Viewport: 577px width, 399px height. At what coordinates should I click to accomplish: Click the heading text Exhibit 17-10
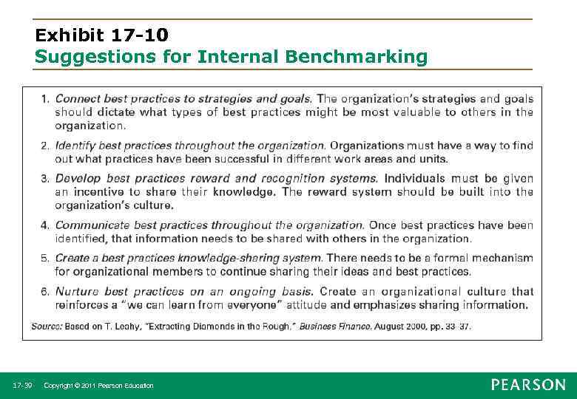[101, 35]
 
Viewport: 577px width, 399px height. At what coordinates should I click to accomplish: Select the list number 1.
[45, 99]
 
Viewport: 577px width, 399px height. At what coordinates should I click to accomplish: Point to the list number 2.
[45, 146]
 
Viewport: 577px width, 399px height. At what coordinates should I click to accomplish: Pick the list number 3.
[45, 179]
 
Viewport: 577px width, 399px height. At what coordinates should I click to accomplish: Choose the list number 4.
[45, 225]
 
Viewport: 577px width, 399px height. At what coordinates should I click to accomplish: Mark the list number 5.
[45, 259]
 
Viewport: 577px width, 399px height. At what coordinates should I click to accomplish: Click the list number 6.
[45, 292]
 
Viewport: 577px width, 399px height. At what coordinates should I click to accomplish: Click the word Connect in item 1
[78, 99]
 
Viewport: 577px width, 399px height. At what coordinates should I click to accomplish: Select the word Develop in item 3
[78, 179]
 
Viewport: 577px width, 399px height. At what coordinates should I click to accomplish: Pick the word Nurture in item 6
[77, 292]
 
